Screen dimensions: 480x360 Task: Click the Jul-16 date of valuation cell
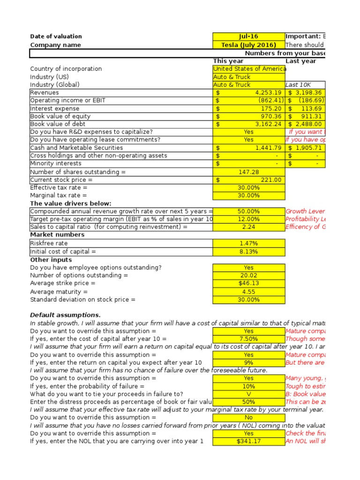coord(248,37)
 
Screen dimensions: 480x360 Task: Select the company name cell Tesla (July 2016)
coord(248,45)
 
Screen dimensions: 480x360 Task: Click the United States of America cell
coord(249,69)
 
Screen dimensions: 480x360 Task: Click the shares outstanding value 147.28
coord(249,172)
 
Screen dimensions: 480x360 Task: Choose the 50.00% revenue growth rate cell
coord(249,211)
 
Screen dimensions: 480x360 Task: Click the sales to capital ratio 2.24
coord(249,227)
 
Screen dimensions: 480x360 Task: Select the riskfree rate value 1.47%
coord(249,243)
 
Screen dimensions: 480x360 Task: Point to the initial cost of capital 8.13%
coord(249,251)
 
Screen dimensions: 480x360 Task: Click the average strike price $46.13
coord(249,283)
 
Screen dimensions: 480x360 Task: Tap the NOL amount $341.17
coord(249,441)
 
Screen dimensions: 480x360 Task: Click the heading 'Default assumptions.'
coord(65,315)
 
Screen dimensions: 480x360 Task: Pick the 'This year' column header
coord(228,61)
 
